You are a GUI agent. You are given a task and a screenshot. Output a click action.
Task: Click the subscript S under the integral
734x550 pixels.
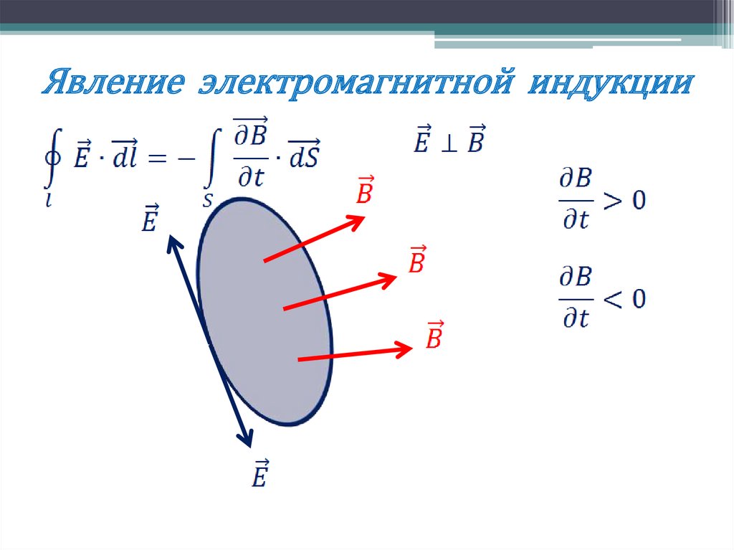point(207,201)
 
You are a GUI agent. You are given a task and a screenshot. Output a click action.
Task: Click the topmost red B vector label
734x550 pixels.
point(365,191)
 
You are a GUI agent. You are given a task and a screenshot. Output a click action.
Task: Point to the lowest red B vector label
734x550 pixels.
point(434,335)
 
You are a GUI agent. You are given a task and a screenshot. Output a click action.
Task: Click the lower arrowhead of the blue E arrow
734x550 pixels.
point(248,440)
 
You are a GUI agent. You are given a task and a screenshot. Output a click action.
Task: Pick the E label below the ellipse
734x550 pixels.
point(259,474)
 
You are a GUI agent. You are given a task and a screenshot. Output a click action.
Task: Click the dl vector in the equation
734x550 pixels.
point(125,156)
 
